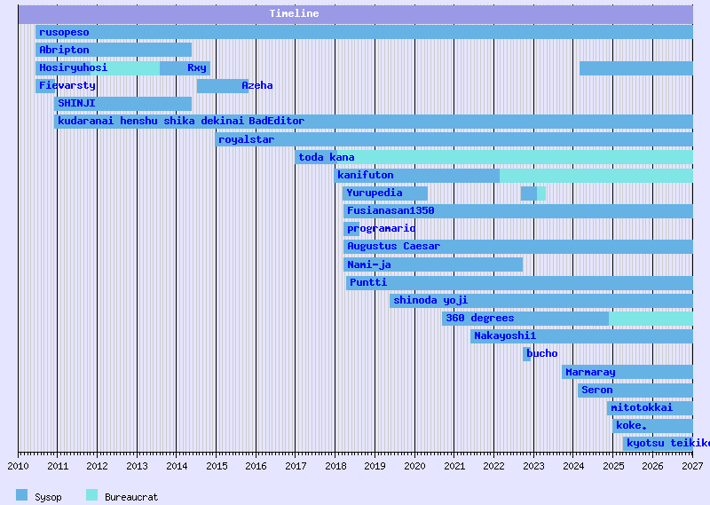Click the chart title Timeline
[x=294, y=13]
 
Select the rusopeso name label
[x=64, y=32]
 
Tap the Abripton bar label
[x=64, y=50]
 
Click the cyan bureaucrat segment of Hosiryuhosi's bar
[x=133, y=67]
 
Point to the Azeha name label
[x=257, y=85]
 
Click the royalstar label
[x=246, y=139]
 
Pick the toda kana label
[x=327, y=157]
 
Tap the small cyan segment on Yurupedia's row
[x=541, y=193]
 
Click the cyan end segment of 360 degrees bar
[x=651, y=318]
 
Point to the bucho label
[x=542, y=353]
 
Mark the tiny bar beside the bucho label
[x=526, y=353]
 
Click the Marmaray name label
[x=590, y=372]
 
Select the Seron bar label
[x=597, y=390]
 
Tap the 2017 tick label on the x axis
[x=295, y=465]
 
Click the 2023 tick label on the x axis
[x=533, y=465]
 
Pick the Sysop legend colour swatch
[x=21, y=495]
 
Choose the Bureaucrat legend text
[x=131, y=497]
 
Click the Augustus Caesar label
[x=393, y=246]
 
